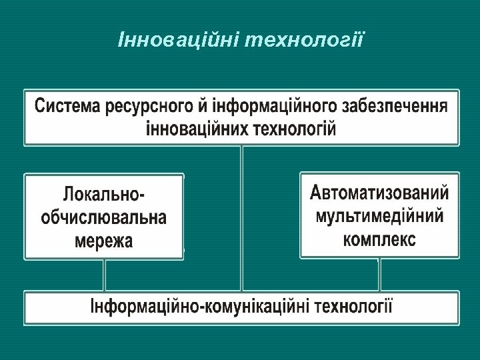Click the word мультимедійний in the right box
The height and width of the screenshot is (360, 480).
coord(379,216)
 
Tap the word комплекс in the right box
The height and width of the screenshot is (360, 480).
coord(379,239)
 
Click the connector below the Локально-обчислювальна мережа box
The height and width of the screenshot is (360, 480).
coord(104,275)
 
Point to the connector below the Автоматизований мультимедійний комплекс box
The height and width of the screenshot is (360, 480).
coord(379,274)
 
